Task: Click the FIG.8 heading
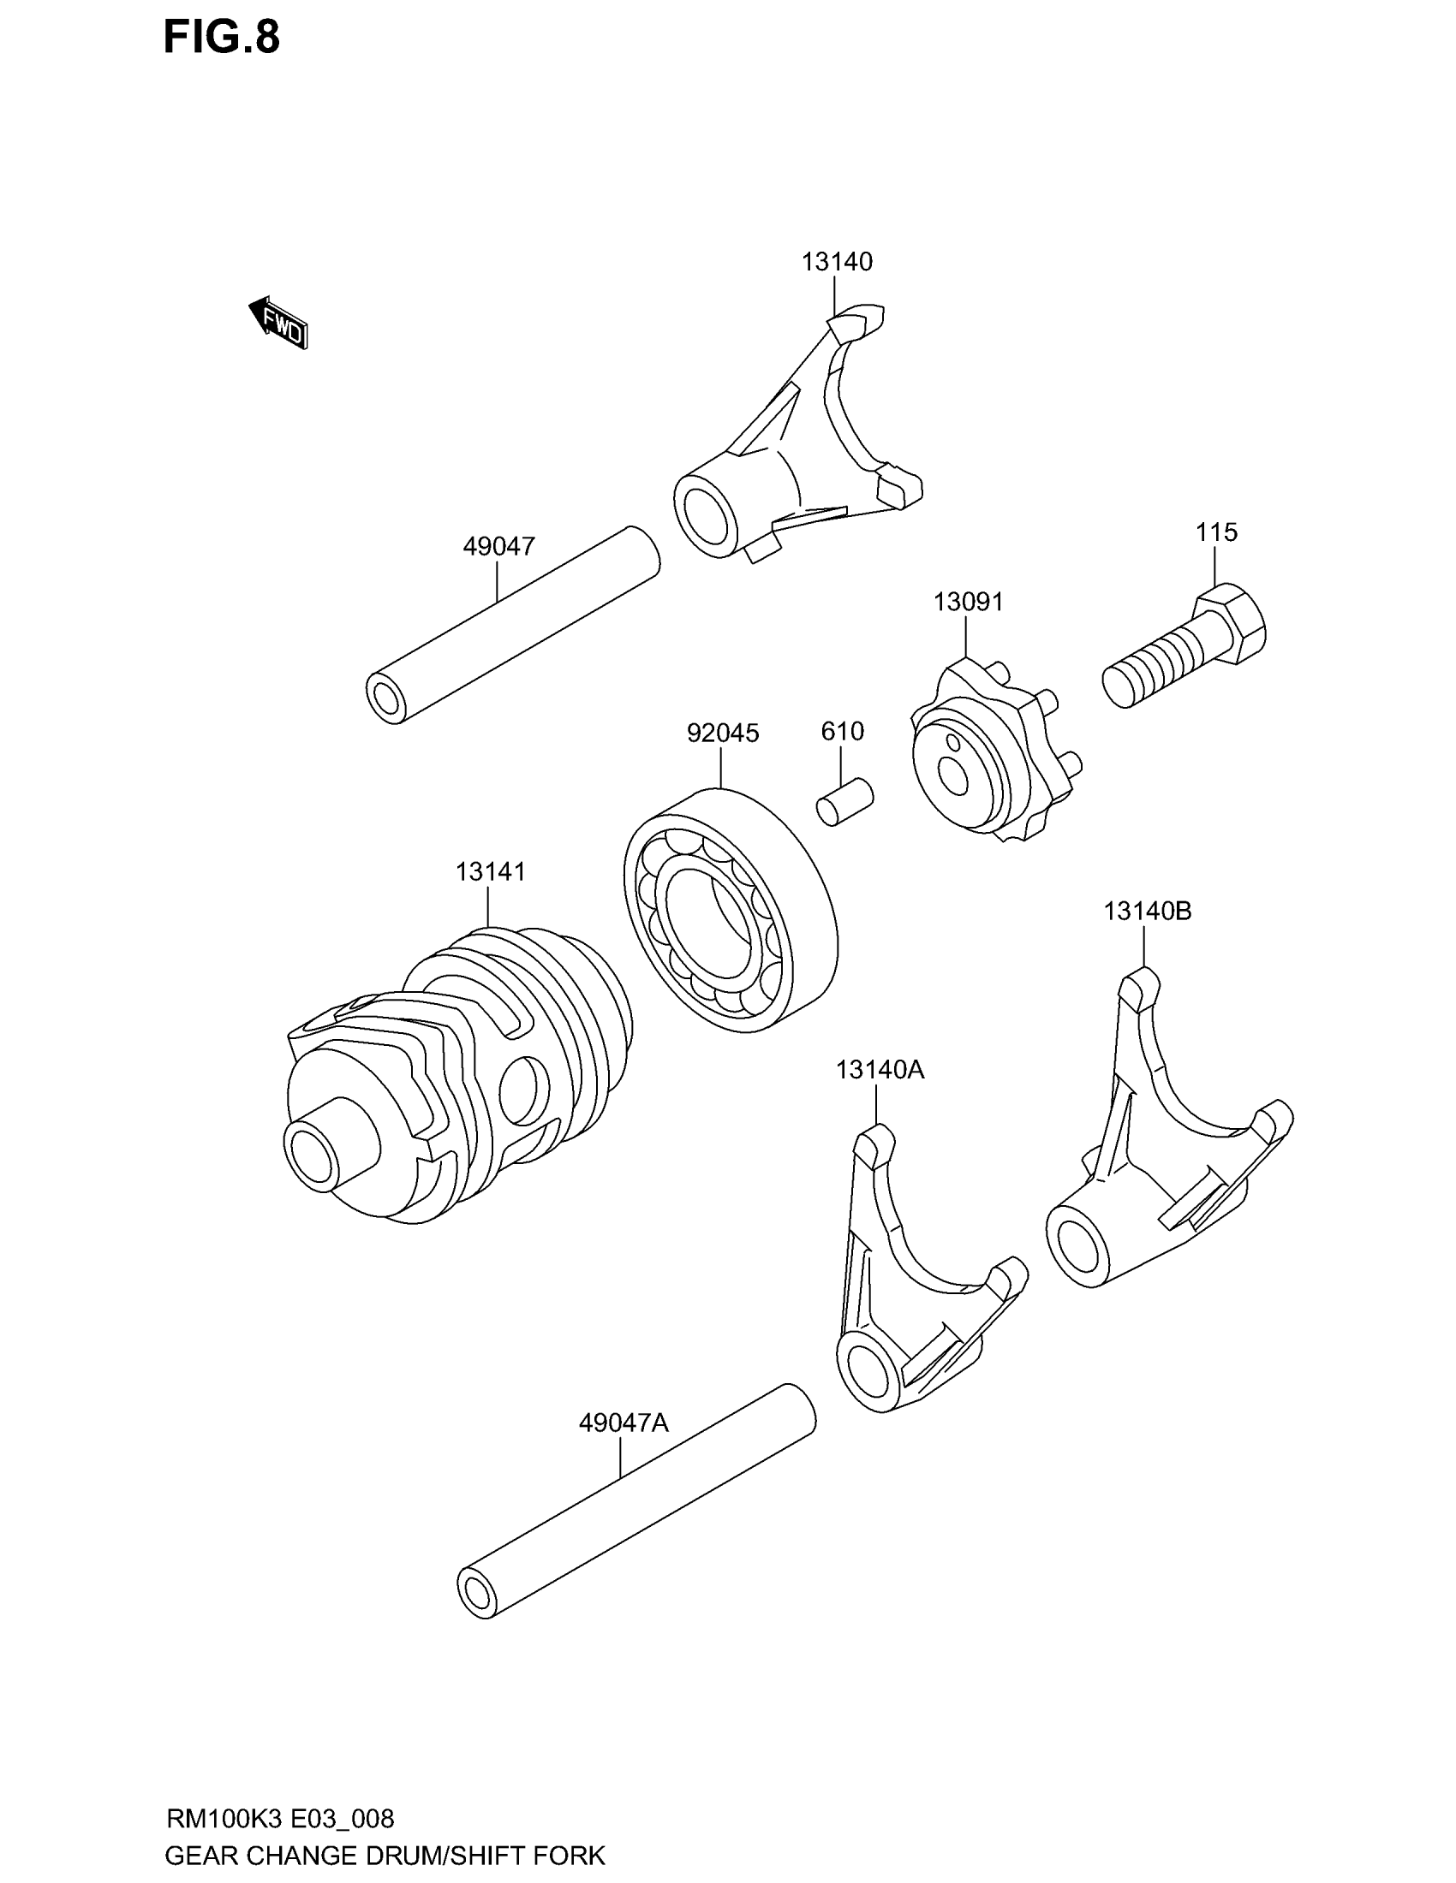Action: coord(222,38)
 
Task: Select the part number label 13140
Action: coord(837,261)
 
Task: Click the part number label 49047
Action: coord(498,546)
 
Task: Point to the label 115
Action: coord(1216,532)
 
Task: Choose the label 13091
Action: coord(968,602)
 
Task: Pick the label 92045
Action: coord(723,733)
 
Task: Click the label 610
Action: coord(842,731)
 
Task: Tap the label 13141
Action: coord(490,871)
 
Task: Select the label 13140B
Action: coord(1147,911)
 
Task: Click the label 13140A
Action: coord(879,1070)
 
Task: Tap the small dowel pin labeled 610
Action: coord(845,803)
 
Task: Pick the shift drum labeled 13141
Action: coord(457,1078)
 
